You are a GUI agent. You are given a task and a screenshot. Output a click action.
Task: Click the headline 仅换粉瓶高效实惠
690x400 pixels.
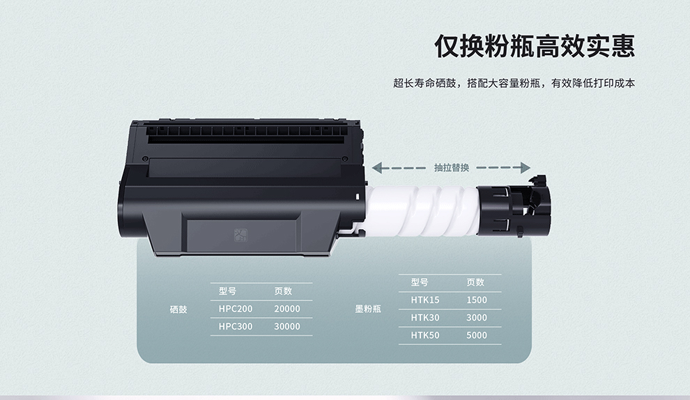tap(535, 46)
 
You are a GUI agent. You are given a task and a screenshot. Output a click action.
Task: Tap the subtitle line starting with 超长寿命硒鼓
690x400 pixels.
tap(514, 83)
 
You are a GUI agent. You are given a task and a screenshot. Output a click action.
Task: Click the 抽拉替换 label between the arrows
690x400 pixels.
tap(452, 168)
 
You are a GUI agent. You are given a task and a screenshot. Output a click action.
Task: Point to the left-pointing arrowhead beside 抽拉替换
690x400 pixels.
tap(377, 168)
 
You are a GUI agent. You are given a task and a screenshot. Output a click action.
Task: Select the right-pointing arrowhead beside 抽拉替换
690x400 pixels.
tap(526, 168)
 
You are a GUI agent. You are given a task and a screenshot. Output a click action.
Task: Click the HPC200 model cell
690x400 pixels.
tap(236, 309)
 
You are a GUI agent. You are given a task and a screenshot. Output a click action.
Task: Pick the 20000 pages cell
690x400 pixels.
tap(287, 309)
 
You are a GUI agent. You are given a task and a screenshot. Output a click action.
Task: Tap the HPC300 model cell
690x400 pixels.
tap(236, 327)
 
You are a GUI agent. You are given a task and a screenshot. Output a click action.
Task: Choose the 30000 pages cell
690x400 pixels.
tap(287, 327)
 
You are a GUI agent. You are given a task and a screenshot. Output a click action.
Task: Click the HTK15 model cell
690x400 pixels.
tap(425, 300)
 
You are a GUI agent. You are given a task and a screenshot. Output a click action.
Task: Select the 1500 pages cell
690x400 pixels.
tap(477, 300)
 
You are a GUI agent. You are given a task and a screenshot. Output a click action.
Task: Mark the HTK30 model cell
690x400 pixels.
tap(425, 318)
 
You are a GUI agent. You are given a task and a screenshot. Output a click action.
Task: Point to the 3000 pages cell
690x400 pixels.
tap(477, 318)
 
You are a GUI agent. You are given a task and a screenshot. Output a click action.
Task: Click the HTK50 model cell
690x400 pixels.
tap(425, 335)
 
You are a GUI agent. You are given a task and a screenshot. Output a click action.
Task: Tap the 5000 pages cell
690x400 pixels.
tap(477, 335)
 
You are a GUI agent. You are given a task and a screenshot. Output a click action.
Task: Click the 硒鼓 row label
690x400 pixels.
tap(178, 309)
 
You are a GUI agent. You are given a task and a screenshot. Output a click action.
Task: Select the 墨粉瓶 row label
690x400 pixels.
tap(368, 309)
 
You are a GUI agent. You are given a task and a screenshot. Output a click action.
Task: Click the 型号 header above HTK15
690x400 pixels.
tap(420, 282)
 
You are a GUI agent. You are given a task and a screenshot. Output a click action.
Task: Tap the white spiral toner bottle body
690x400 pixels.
tap(422, 210)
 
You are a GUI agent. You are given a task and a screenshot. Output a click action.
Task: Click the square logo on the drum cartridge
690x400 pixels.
tap(240, 235)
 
